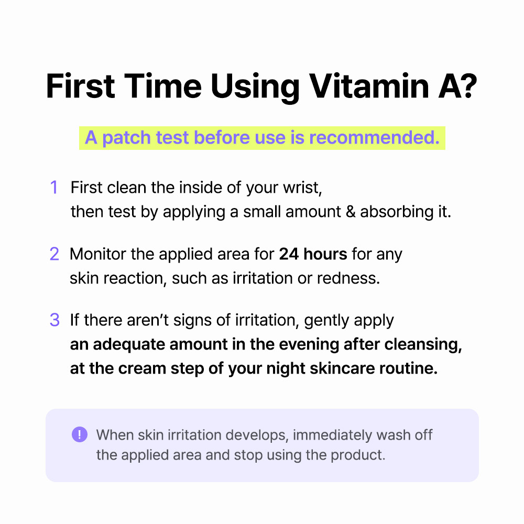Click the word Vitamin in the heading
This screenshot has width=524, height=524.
368,86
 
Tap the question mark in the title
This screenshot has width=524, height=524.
466,86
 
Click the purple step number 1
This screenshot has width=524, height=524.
54,188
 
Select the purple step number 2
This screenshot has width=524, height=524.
54,254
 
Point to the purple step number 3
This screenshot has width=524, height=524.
54,320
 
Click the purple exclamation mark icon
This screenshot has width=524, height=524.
80,434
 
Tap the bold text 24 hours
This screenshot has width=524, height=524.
313,254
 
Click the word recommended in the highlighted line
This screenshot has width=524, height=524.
374,138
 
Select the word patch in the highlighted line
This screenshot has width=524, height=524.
127,138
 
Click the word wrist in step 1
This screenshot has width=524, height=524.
302,188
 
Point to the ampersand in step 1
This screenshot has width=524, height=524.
351,212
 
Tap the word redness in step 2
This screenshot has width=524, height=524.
348,278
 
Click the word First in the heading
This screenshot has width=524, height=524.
81,86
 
